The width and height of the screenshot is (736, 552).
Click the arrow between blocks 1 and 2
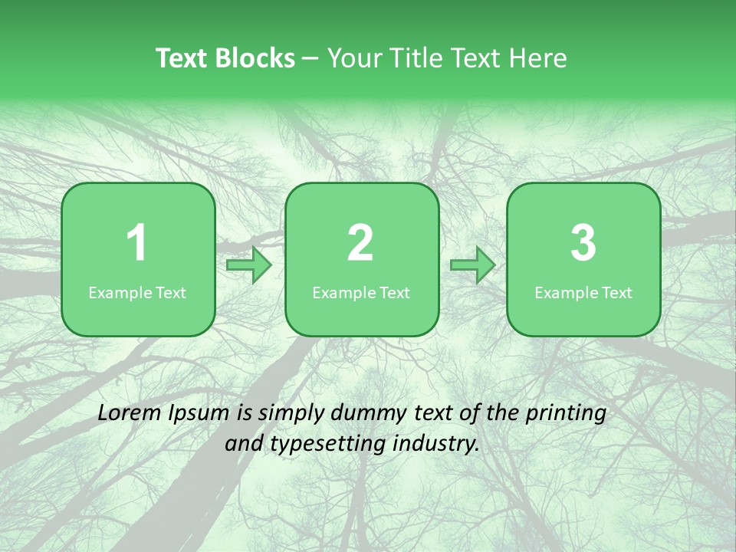coord(249,265)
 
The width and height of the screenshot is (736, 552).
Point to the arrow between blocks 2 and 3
coord(472,265)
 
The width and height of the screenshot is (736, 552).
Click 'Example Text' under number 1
coord(137,293)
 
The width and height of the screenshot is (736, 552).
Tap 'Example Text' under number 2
coord(361,293)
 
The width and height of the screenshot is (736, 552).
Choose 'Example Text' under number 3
coord(583,293)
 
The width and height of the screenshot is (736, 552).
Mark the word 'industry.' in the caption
coord(435,443)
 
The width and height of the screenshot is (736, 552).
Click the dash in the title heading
coord(311,59)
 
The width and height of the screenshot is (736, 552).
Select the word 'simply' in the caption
coord(291,414)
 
